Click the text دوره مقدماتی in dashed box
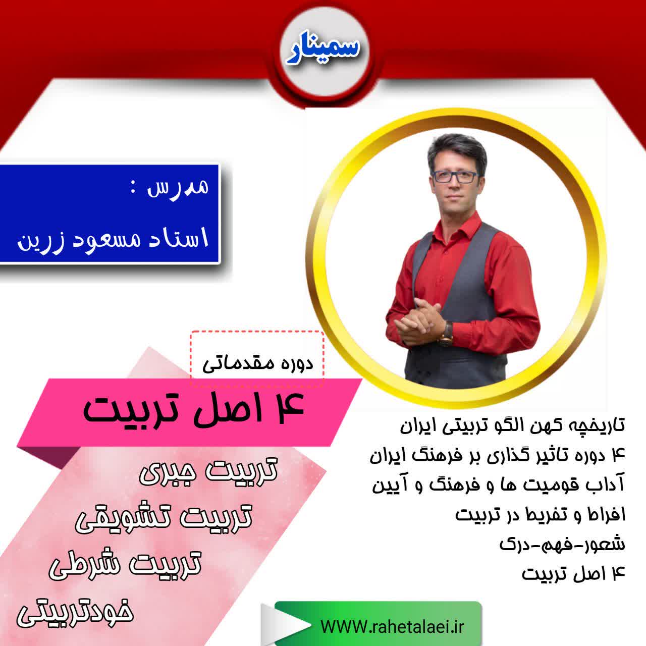pos(258,363)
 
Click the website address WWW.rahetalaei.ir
pos(393,626)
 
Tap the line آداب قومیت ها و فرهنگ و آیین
pos(499,486)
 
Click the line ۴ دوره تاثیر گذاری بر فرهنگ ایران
pos(498,456)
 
